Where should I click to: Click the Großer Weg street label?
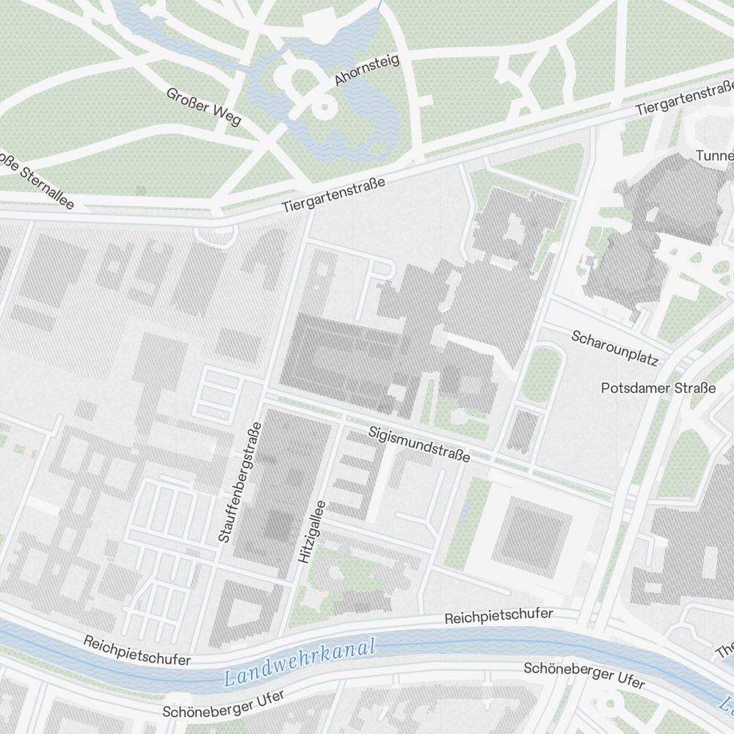pyautogui.click(x=203, y=106)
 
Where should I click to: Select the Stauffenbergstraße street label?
pyautogui.click(x=236, y=482)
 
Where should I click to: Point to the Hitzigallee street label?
pyautogui.click(x=311, y=531)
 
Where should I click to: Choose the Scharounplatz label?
pyautogui.click(x=615, y=348)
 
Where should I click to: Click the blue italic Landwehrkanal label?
pyautogui.click(x=300, y=663)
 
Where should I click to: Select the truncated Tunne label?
pyautogui.click(x=713, y=156)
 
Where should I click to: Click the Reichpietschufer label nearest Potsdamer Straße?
pyautogui.click(x=498, y=615)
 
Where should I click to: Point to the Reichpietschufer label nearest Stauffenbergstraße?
pyautogui.click(x=137, y=650)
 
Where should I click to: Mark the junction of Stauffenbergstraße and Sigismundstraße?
pyautogui.click(x=262, y=396)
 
